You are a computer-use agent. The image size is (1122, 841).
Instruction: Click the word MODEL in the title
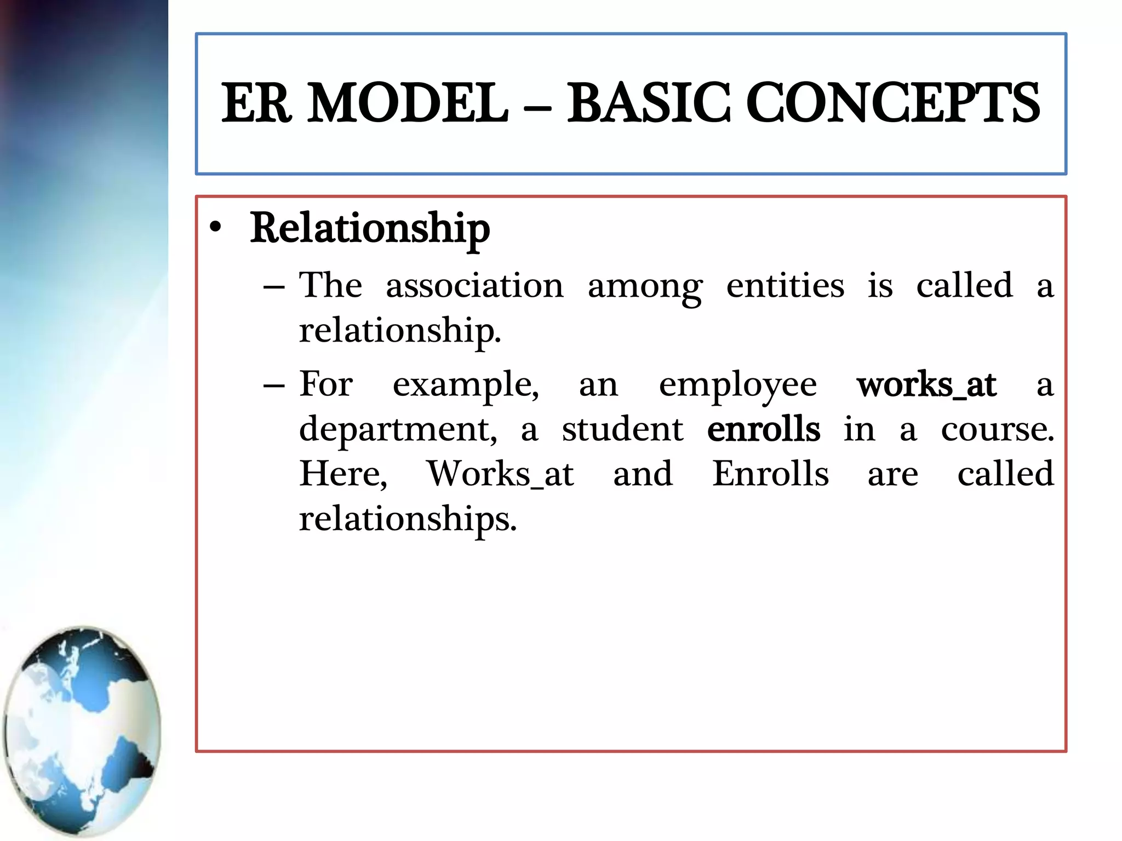(408, 103)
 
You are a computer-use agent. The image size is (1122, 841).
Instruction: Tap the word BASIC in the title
(648, 103)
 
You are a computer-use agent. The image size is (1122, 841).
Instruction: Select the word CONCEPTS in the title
(892, 103)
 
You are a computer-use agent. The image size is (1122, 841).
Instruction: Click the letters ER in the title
(256, 103)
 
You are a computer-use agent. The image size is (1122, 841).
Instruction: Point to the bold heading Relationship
(370, 229)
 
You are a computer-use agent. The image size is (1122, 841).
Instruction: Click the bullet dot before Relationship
(216, 228)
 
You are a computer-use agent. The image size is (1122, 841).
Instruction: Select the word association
(474, 286)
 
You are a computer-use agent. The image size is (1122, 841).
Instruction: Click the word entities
(785, 286)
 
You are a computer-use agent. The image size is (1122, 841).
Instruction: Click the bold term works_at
(926, 385)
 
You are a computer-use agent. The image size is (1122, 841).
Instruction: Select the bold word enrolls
(764, 429)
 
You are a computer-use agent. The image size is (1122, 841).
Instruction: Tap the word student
(622, 429)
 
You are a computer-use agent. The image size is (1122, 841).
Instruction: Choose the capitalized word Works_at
(500, 474)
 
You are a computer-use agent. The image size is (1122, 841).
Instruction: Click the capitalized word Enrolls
(770, 474)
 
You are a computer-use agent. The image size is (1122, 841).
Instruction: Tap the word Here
(343, 474)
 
